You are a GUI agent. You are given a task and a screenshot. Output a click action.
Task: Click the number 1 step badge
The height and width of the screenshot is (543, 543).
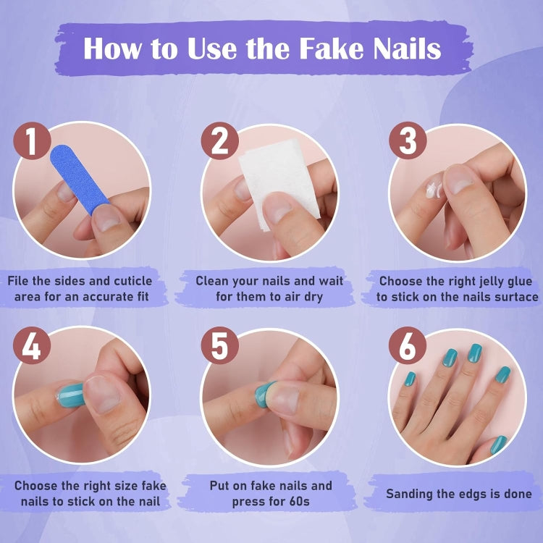(x=32, y=140)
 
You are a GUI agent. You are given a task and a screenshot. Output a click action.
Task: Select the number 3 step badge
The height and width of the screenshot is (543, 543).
(x=408, y=141)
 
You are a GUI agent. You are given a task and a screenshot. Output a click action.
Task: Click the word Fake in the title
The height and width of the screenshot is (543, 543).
(x=333, y=49)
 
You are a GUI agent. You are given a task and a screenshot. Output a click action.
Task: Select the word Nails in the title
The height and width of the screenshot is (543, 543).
(x=409, y=49)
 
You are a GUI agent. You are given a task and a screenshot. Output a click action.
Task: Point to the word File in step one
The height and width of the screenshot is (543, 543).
(x=20, y=281)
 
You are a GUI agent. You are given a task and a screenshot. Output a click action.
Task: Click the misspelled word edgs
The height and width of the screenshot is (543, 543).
(x=481, y=494)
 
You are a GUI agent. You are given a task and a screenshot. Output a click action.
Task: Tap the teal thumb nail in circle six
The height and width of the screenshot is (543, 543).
(x=498, y=444)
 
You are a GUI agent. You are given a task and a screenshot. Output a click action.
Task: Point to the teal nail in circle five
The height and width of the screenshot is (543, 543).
(x=262, y=393)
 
